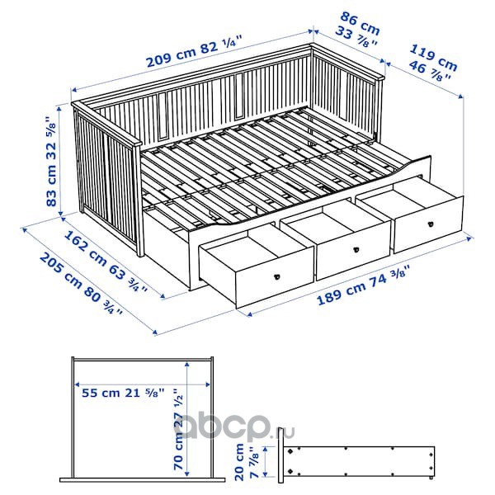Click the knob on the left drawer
click(277, 276)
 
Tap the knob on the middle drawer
click(356, 249)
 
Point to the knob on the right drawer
click(431, 224)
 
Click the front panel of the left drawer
click(275, 279)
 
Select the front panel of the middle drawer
click(353, 252)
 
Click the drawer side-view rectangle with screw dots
click(359, 461)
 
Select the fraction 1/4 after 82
click(231, 41)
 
